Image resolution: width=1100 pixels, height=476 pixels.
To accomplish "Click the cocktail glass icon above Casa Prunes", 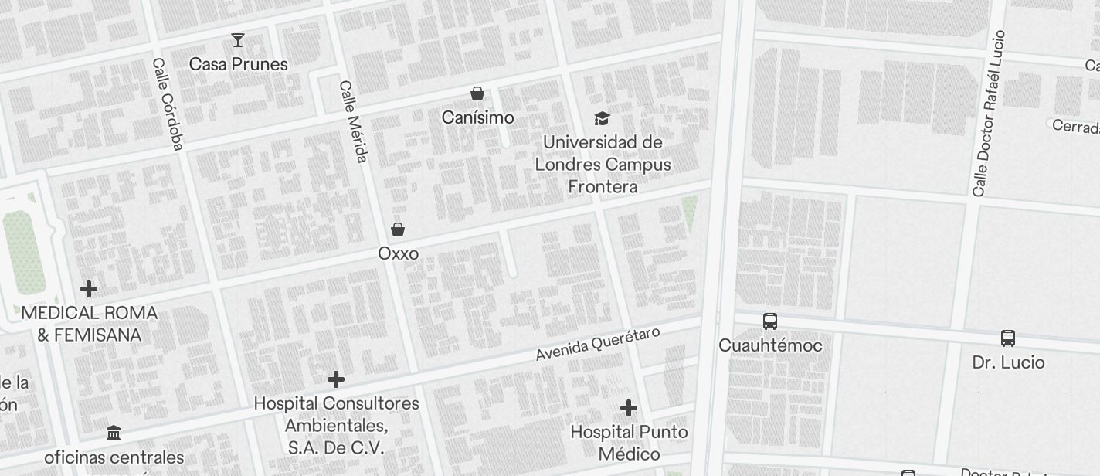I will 238,40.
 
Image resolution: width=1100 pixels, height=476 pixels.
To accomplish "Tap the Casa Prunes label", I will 239,64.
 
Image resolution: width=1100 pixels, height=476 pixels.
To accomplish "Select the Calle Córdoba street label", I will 168,104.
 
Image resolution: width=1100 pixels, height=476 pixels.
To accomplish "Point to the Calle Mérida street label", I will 352,122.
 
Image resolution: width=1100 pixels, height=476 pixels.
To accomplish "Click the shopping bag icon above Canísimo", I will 477,93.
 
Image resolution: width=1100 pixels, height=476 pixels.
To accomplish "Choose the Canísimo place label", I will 477,117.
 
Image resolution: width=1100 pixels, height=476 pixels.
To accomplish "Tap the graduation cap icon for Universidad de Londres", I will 602,118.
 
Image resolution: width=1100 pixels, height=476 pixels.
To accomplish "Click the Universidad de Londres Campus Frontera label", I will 603,165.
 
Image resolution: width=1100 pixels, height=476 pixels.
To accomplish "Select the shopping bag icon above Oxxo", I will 398,229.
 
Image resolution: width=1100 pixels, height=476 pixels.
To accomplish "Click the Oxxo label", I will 398,253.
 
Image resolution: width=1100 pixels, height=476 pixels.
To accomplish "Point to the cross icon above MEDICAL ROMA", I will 89,289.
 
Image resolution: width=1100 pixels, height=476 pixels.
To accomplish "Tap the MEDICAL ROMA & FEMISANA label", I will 89,324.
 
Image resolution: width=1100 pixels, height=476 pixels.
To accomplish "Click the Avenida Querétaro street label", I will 599,343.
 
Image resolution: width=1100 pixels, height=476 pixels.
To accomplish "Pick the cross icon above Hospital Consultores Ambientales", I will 336,379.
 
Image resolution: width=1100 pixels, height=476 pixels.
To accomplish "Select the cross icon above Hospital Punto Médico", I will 629,408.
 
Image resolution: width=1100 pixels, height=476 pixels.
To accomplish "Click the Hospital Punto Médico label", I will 629,443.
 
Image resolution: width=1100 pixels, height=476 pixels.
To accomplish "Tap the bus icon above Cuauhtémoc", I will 770,321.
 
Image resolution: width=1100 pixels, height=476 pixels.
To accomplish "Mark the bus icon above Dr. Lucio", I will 1008,338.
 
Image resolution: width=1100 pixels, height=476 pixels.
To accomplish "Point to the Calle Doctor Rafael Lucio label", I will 990,114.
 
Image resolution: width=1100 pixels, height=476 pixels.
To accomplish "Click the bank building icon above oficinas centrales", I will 114,433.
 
